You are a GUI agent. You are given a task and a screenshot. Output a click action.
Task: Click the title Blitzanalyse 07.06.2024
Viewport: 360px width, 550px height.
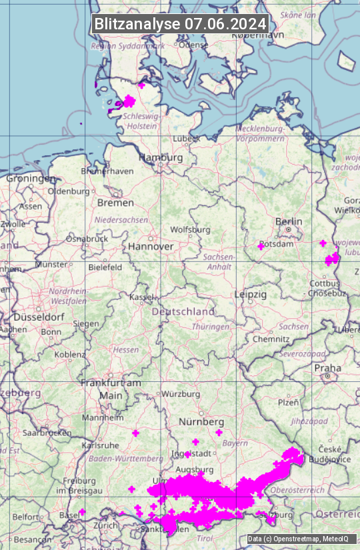point(180,24)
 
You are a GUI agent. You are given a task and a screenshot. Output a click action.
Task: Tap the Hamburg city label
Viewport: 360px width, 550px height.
point(160,157)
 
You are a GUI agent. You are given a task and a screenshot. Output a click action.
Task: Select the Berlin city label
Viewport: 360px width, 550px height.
point(289,221)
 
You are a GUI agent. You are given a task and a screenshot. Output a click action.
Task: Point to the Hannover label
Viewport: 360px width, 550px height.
point(151,246)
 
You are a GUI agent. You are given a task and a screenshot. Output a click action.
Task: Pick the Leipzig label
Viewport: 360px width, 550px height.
point(251,294)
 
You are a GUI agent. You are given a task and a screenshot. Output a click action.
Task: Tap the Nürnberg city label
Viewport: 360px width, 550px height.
point(201,422)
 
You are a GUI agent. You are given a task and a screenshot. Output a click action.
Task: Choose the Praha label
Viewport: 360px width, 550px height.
point(327,368)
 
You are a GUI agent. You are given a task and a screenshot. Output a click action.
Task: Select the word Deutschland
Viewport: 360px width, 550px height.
point(183,311)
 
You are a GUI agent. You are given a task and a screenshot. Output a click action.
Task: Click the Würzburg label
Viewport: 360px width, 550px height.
point(181,394)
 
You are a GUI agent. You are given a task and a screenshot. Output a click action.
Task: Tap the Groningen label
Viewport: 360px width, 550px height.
point(31,179)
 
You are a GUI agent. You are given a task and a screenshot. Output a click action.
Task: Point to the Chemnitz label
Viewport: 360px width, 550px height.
point(271,339)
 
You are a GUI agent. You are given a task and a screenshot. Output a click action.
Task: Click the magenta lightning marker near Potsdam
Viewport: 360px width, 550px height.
point(261,246)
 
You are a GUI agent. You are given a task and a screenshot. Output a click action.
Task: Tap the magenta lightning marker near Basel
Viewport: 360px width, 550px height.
point(82,512)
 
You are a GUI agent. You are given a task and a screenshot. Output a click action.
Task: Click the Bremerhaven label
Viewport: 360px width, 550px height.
point(107,171)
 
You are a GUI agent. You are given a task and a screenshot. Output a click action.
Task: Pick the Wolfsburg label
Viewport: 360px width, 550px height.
point(190,230)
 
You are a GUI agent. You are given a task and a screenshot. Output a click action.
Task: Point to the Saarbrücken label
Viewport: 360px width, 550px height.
point(47,433)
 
